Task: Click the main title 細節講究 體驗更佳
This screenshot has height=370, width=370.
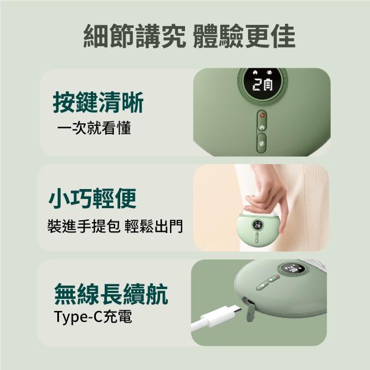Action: point(189,36)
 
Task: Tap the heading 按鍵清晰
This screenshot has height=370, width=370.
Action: point(98,103)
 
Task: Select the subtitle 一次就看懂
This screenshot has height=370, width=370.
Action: point(94,128)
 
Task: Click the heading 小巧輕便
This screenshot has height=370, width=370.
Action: point(92,198)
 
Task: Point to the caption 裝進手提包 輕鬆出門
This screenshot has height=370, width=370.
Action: point(115,226)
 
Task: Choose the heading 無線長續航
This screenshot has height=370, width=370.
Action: point(111,294)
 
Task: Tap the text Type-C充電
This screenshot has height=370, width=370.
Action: point(92,316)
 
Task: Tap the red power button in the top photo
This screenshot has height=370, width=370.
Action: point(262,116)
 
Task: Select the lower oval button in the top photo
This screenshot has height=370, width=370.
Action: point(261,143)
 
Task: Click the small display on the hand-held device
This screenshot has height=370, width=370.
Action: point(257,225)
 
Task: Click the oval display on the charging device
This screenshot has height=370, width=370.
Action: point(292,269)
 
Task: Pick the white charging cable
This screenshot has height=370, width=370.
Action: point(216,317)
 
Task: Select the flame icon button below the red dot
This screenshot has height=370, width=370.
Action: point(262,127)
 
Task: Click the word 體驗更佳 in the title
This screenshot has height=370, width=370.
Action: point(244,36)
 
